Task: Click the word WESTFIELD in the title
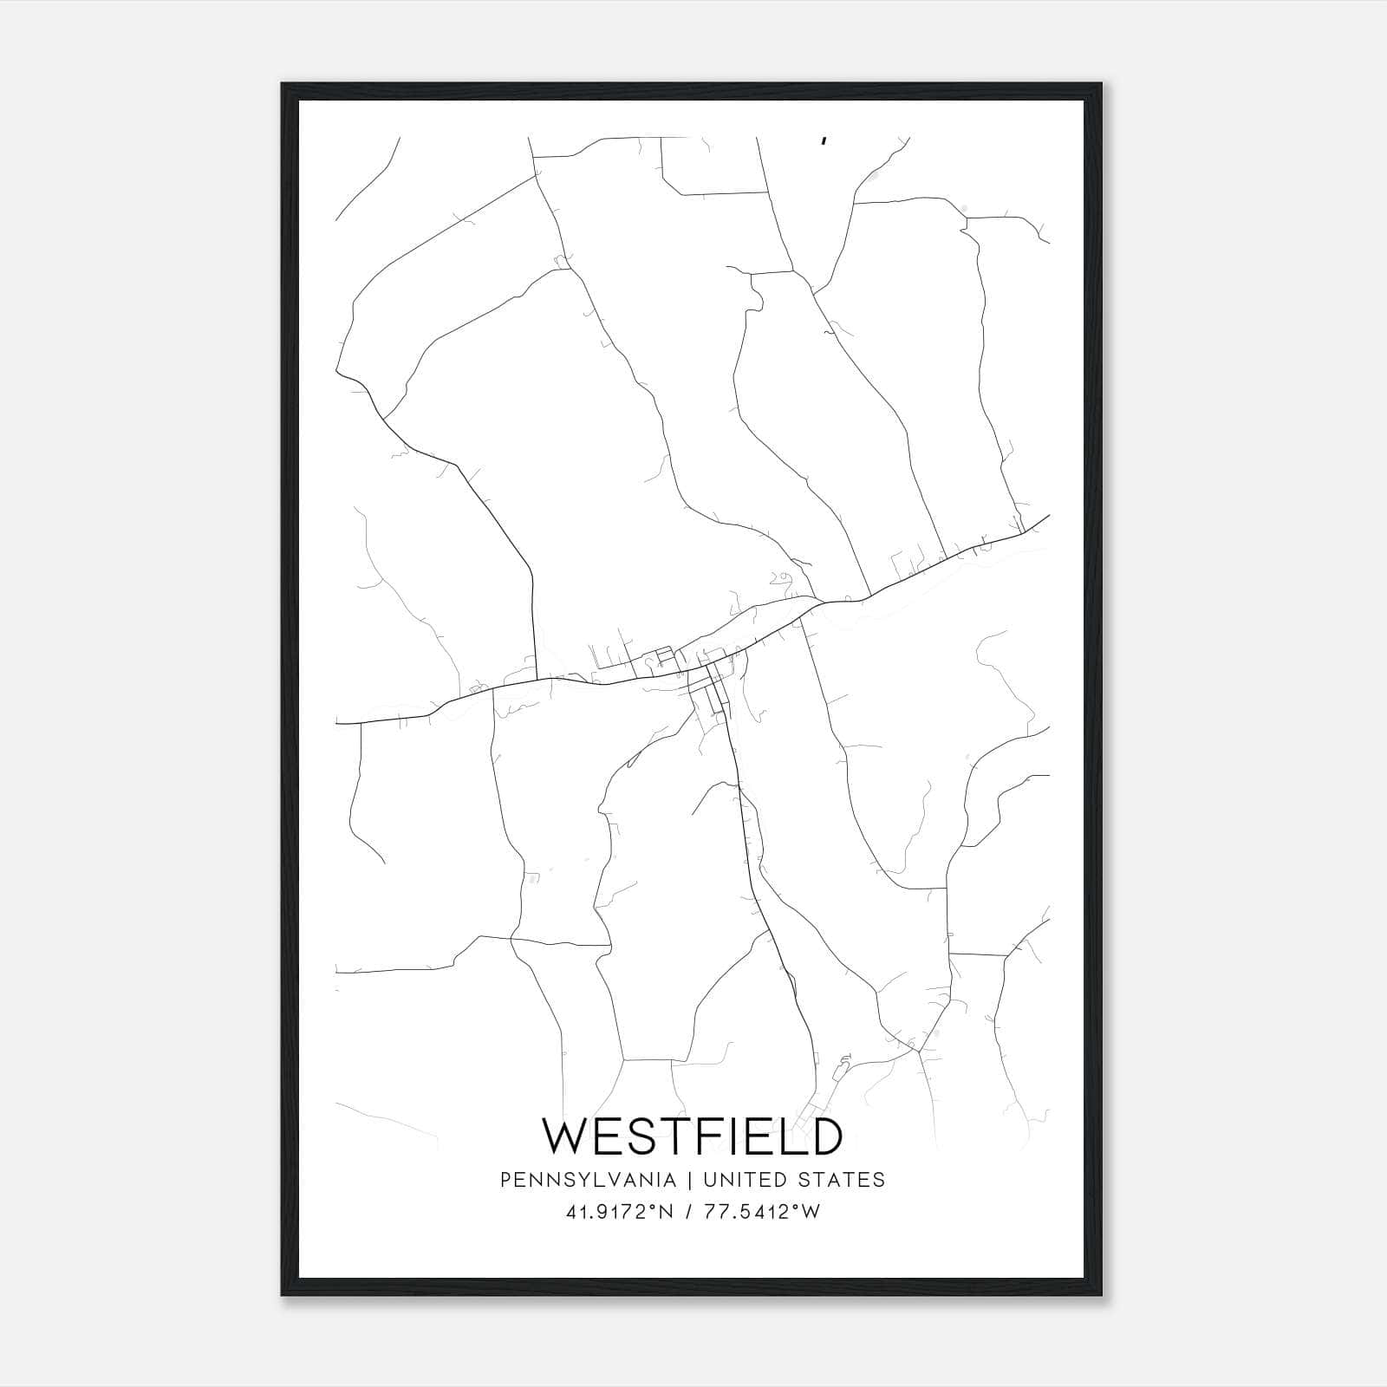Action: (692, 1136)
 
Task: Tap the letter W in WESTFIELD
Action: (566, 1136)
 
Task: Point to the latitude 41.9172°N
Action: (619, 1212)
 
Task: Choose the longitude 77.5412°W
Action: (763, 1212)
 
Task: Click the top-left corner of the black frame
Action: (283, 85)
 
